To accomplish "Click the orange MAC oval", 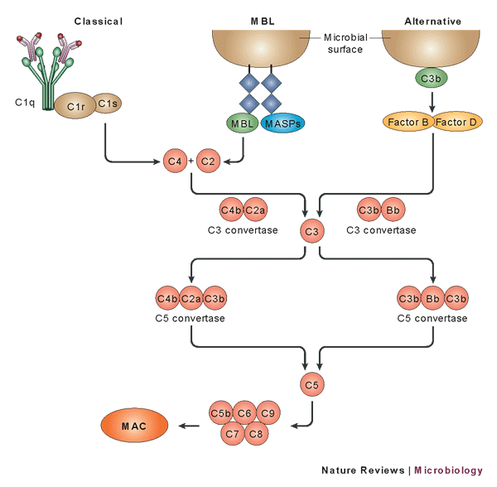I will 135,426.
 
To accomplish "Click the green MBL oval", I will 243,123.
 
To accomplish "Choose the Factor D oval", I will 456,123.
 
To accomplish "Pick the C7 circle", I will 233,432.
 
